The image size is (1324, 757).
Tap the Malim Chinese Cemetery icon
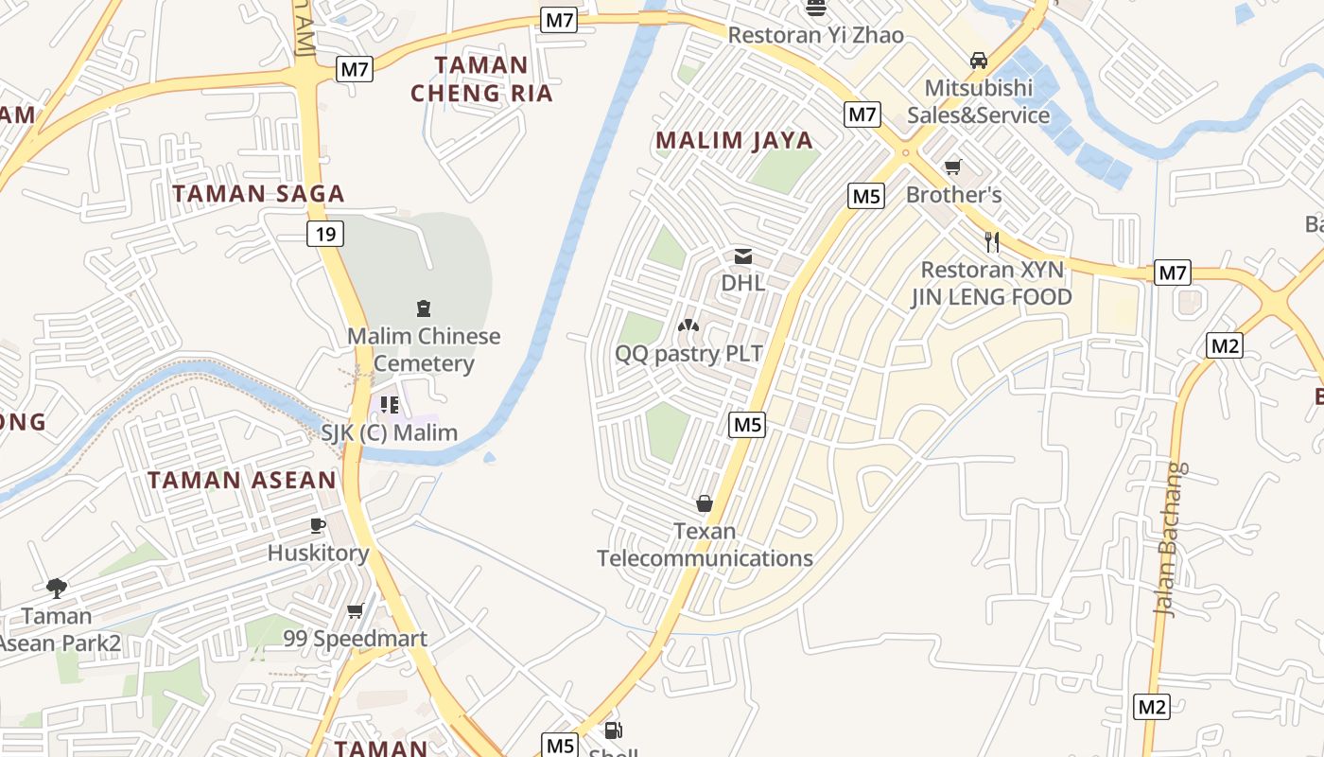point(423,308)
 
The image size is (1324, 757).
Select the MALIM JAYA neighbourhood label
point(734,141)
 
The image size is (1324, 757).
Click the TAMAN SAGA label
point(258,194)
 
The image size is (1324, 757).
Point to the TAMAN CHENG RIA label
point(482,79)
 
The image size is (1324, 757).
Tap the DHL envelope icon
point(743,255)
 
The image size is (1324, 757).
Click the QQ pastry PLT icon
point(688,326)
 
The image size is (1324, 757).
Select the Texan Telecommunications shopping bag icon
point(705,503)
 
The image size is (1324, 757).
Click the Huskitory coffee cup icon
point(318,525)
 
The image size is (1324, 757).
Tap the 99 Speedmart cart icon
point(356,611)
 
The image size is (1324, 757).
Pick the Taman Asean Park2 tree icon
point(57,588)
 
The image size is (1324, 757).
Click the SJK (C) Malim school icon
point(389,405)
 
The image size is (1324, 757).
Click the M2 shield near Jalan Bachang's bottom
point(1152,706)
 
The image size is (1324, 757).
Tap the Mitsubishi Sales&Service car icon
point(979,61)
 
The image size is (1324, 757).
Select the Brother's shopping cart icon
point(953,167)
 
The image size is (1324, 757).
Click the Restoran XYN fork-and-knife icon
point(992,241)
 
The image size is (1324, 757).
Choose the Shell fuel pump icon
point(613,731)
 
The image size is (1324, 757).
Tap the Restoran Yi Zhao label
point(815,35)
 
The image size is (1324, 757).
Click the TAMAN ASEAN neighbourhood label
point(242,480)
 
